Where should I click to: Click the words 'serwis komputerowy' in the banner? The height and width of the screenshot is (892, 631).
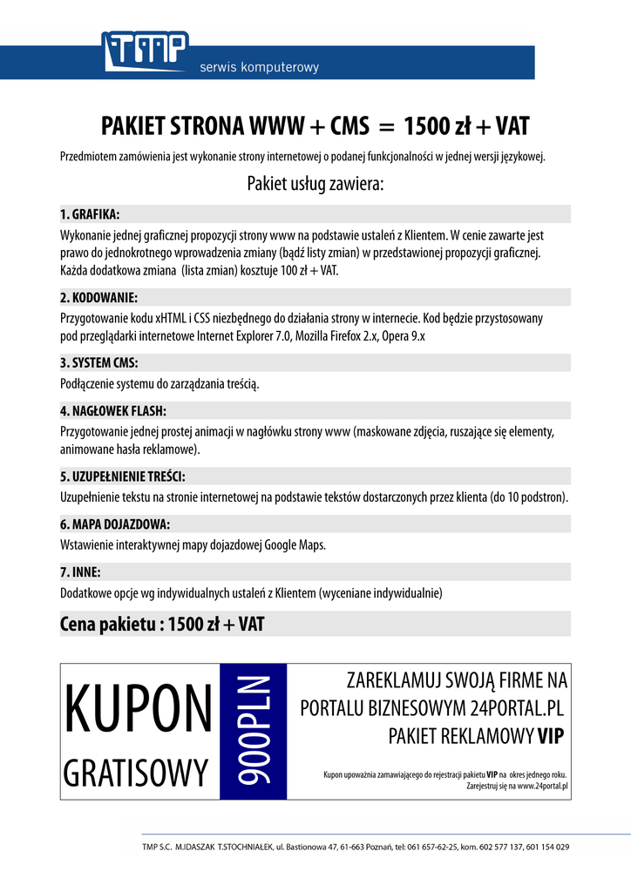point(260,67)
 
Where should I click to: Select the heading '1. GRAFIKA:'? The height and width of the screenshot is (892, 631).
point(90,214)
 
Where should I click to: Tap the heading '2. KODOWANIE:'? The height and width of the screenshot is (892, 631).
point(98,297)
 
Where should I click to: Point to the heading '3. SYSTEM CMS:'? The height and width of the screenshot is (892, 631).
point(98,362)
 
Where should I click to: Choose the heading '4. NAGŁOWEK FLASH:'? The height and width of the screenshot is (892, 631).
point(113,411)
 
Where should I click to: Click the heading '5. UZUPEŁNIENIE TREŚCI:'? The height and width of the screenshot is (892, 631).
point(123,476)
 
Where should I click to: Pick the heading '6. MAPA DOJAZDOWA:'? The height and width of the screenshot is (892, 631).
point(115,524)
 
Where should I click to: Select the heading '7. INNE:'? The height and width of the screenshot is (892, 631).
point(80,572)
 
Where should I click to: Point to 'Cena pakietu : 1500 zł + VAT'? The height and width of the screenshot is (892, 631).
point(162,624)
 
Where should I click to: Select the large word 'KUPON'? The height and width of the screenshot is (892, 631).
point(139,707)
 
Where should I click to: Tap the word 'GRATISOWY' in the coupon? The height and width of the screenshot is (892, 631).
point(137,771)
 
